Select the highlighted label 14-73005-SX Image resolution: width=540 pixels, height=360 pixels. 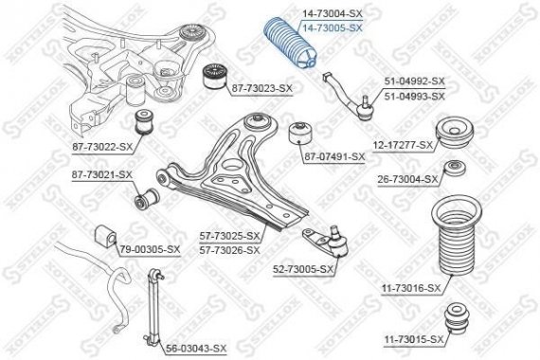point(332,28)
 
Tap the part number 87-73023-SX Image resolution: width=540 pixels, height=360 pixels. point(261,88)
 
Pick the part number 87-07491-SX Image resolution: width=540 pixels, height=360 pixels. point(333,155)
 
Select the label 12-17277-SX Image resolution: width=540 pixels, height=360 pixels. point(403,145)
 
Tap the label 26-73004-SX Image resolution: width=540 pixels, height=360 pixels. point(407,179)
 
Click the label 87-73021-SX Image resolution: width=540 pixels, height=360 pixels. point(101,175)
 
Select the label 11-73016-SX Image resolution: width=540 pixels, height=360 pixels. point(411,288)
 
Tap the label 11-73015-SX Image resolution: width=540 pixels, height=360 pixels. point(413,338)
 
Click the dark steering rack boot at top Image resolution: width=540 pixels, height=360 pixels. point(284,59)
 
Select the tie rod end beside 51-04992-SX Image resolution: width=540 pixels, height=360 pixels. point(351,103)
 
